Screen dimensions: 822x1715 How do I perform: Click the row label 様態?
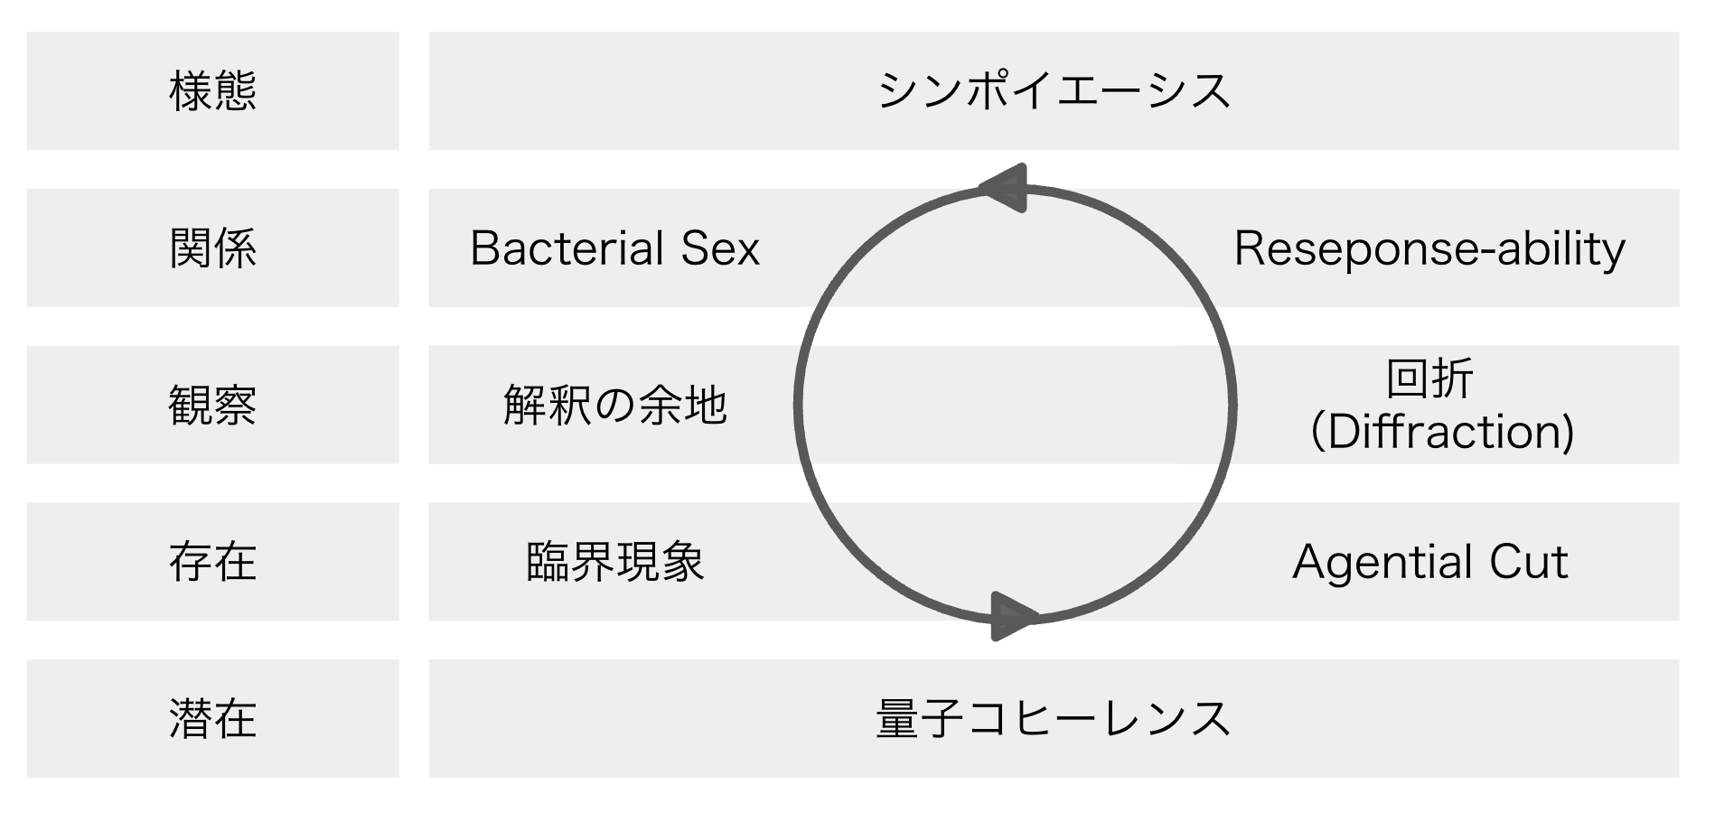click(213, 91)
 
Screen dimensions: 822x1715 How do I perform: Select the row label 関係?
click(213, 248)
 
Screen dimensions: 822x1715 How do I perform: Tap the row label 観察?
click(213, 405)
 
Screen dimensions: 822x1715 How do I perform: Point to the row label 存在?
click(213, 562)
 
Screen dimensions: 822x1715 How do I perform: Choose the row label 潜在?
click(213, 719)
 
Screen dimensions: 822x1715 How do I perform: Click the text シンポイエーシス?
click(1054, 91)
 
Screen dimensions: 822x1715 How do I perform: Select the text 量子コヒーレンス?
click(1054, 719)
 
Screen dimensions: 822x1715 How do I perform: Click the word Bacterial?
click(567, 248)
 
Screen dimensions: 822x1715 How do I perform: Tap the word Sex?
click(720, 248)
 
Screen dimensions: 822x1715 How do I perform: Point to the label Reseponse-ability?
click(1429, 249)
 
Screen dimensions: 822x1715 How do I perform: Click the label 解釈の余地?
click(614, 405)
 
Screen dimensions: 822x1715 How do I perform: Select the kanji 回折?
click(1429, 378)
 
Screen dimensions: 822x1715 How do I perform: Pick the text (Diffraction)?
click(1442, 432)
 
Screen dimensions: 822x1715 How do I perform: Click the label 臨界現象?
click(614, 562)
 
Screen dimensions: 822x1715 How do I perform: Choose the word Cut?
click(1528, 562)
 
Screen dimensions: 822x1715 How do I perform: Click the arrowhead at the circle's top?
click(1006, 188)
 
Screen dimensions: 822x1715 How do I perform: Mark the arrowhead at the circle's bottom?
click(1012, 616)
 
